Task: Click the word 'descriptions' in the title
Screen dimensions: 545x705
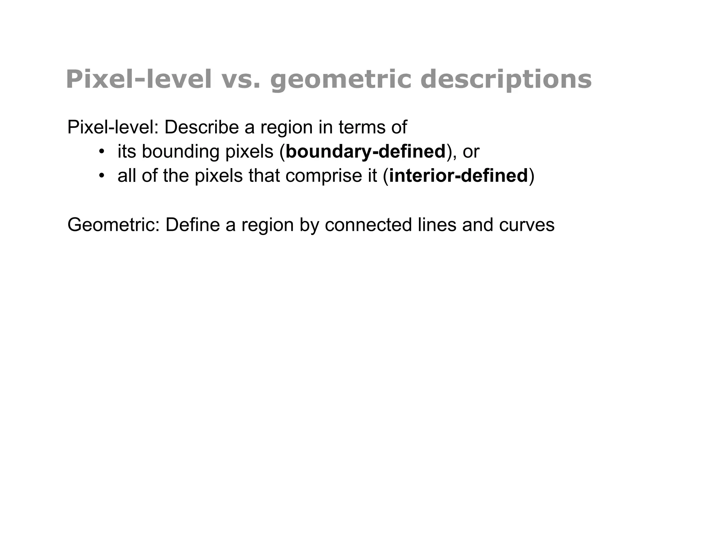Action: [x=506, y=80]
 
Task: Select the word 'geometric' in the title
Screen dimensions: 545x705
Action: [x=340, y=80]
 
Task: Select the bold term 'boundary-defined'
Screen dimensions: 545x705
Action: [x=365, y=152]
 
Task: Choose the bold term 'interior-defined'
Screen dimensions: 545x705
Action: [x=458, y=176]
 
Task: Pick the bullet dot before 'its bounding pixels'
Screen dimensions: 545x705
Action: [x=102, y=152]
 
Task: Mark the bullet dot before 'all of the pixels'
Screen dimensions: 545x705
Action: [x=102, y=176]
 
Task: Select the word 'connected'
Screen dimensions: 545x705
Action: [x=368, y=225]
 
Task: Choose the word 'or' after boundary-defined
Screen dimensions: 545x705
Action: [x=471, y=152]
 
